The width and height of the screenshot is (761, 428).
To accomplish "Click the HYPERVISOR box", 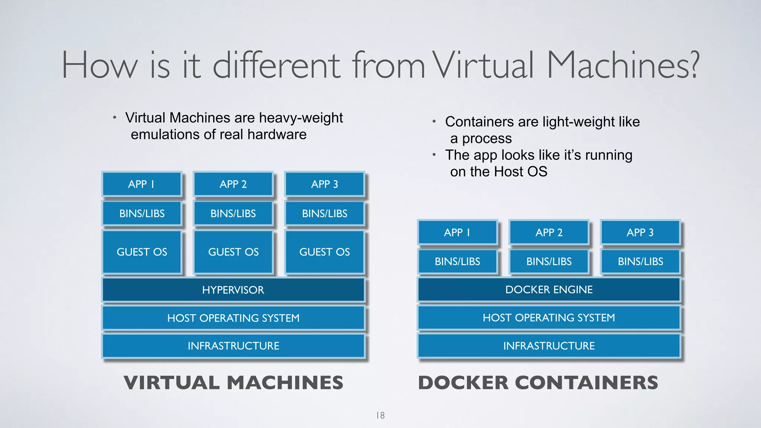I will (233, 290).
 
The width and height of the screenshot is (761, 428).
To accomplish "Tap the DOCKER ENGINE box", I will (549, 289).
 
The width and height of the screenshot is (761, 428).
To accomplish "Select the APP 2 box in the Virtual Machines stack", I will (233, 184).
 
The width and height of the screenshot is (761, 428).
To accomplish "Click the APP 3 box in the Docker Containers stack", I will (640, 232).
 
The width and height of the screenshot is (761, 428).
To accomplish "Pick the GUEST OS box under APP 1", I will (142, 252).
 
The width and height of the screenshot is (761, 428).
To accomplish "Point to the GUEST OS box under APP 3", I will (324, 252).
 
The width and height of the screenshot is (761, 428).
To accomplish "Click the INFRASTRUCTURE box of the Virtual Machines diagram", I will (233, 346).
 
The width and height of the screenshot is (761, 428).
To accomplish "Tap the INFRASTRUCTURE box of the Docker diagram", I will (549, 346).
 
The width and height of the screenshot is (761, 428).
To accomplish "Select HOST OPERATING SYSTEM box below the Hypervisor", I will (233, 318).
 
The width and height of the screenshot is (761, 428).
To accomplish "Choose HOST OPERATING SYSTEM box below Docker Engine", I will (549, 318).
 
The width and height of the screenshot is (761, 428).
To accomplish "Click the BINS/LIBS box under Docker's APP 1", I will (457, 262).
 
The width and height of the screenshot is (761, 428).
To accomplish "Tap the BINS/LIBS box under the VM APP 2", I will (233, 214).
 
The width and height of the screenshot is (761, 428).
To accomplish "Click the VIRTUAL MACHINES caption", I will (233, 383).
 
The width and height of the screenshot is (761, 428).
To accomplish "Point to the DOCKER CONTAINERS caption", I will (538, 383).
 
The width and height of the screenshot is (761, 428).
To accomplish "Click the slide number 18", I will (380, 415).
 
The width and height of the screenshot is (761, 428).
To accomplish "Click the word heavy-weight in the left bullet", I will (301, 118).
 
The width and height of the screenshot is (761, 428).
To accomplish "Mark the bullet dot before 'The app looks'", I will (434, 155).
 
